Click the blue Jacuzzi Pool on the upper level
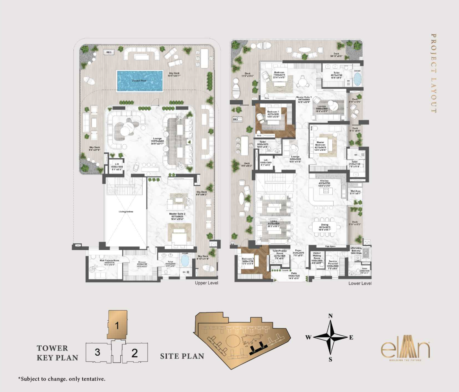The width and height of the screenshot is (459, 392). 140,80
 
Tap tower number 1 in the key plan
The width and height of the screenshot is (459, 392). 117,325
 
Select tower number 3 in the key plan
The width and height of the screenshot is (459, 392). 97,352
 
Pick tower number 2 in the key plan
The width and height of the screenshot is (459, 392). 134,353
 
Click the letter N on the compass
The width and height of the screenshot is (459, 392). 330,316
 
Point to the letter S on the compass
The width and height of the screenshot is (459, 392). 330,360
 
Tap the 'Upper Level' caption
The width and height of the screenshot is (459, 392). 206,283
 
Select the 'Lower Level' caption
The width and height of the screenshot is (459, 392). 360,283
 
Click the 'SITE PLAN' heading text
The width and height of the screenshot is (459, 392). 182,356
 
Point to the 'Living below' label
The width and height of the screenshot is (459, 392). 126,212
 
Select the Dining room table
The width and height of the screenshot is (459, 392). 324,227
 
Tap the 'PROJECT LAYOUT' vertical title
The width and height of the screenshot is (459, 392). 434,73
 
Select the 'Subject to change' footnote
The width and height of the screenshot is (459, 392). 62,379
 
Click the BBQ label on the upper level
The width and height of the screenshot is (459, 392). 109,52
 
